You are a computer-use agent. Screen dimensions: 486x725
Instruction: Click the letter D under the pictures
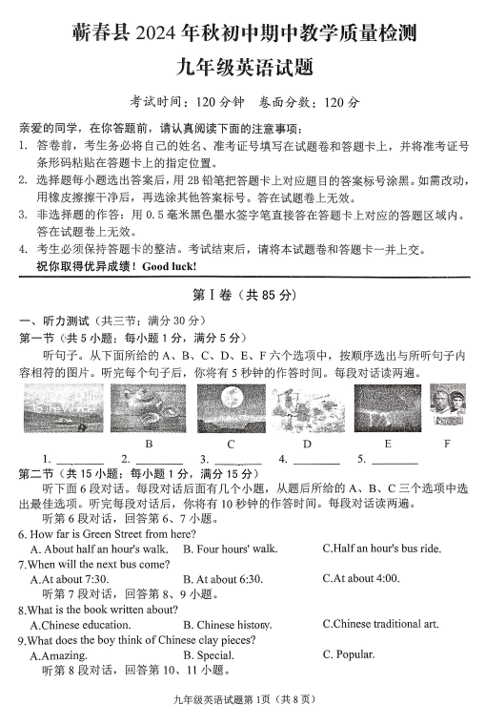(307, 444)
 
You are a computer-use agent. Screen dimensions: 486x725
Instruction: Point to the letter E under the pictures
(387, 444)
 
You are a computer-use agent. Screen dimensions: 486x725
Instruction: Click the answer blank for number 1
(80, 460)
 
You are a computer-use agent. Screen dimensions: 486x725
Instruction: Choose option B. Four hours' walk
(231, 549)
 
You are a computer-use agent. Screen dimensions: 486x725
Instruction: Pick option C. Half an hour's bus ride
(381, 549)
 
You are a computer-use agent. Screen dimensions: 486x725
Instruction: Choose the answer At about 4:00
(361, 578)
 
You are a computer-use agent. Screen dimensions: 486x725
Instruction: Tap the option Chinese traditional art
(380, 624)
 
